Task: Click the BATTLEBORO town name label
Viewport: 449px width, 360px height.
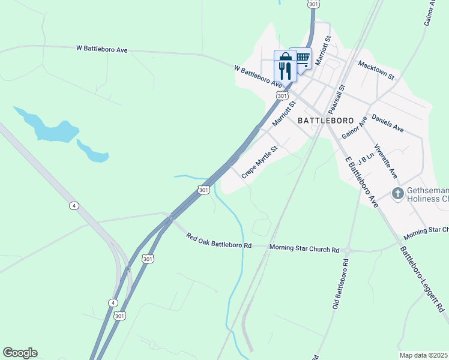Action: tap(325, 120)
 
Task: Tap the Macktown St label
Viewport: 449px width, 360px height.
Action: tap(375, 70)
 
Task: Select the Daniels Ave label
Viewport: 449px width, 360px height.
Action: tap(388, 123)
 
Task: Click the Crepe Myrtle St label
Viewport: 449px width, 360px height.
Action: tap(260, 161)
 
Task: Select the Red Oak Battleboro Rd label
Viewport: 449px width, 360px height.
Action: tap(218, 241)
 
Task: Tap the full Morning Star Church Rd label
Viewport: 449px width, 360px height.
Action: tap(304, 248)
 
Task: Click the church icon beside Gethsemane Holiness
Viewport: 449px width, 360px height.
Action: tap(397, 194)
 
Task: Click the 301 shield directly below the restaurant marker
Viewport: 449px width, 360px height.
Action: tap(282, 96)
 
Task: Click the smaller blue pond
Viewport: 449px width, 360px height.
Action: tap(92, 152)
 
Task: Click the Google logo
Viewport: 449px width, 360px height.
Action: tap(20, 353)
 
